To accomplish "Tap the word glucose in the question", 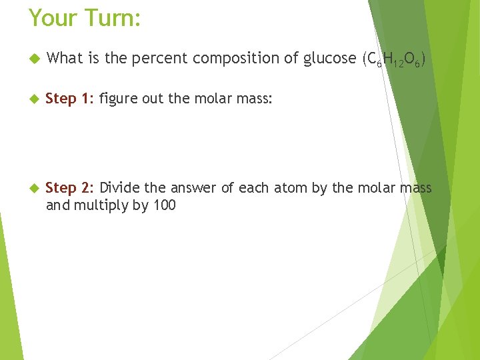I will [x=329, y=59].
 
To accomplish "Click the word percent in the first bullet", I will [x=159, y=59].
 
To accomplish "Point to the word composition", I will [x=236, y=59].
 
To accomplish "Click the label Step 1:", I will [x=70, y=99].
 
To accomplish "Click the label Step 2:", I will [x=70, y=188].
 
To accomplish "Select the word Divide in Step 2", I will [x=119, y=188].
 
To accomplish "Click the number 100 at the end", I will [x=164, y=205].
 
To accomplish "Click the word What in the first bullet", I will [x=64, y=59].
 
